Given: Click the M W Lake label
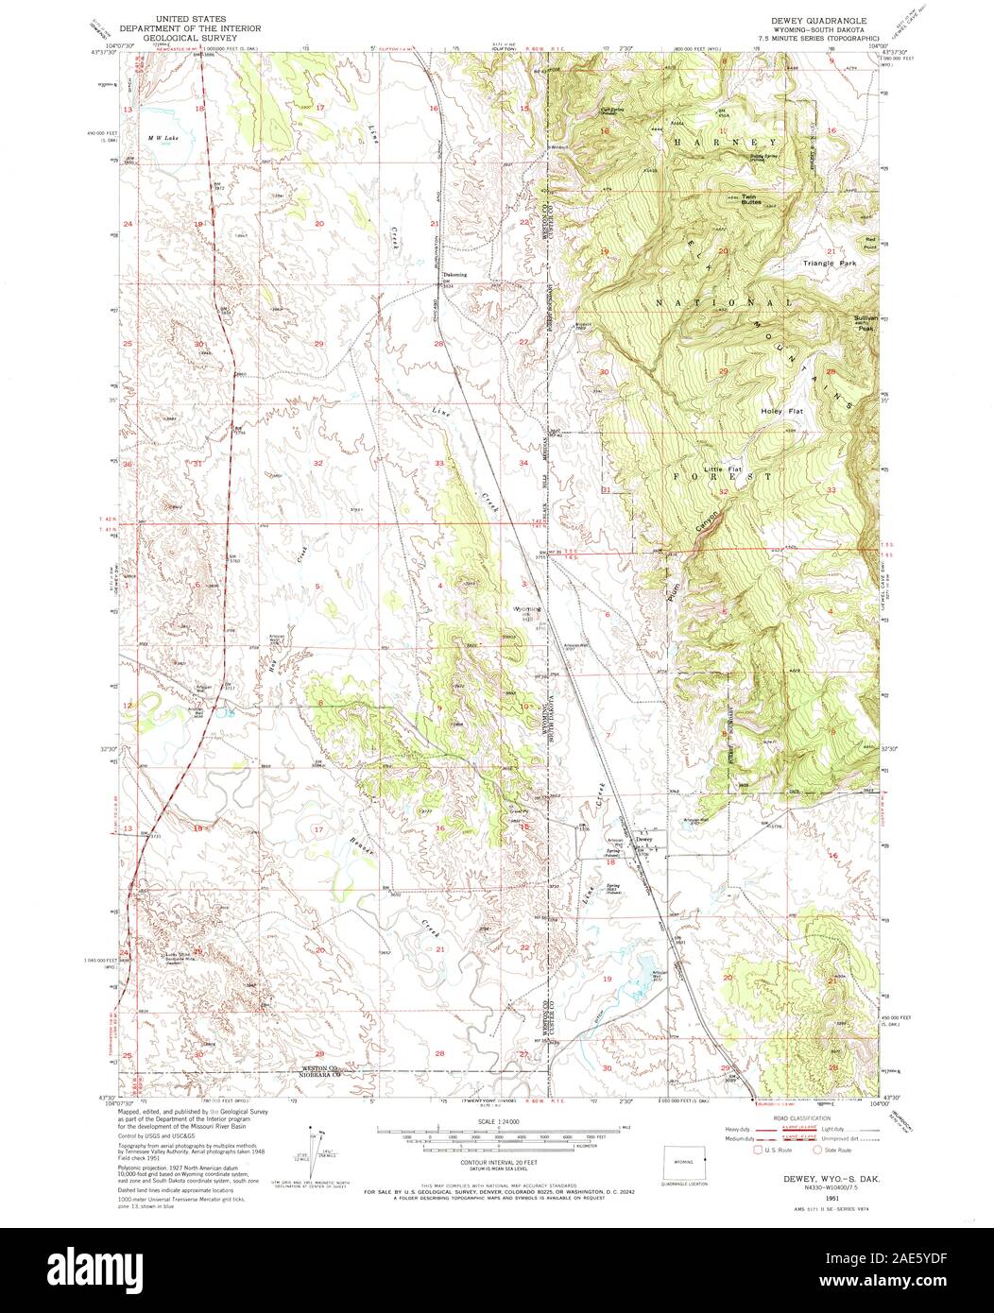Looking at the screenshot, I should [162, 138].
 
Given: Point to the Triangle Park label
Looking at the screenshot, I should [829, 264].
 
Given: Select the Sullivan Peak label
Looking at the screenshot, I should [866, 323].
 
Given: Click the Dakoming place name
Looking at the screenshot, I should [455, 276].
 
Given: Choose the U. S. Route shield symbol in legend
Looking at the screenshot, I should [757, 1150].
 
